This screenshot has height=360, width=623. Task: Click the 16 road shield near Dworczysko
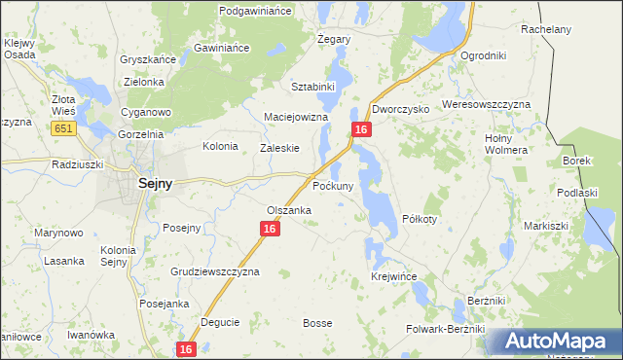click(x=361, y=129)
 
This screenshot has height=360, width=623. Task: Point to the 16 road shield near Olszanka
click(x=270, y=229)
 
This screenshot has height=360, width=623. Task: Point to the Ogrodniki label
click(x=483, y=55)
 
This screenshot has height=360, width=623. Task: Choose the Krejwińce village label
click(x=394, y=277)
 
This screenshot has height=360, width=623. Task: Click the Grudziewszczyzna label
click(x=215, y=272)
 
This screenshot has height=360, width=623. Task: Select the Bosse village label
click(x=317, y=323)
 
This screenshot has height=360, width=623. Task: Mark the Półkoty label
click(x=420, y=219)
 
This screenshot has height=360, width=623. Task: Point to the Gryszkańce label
click(x=148, y=59)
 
